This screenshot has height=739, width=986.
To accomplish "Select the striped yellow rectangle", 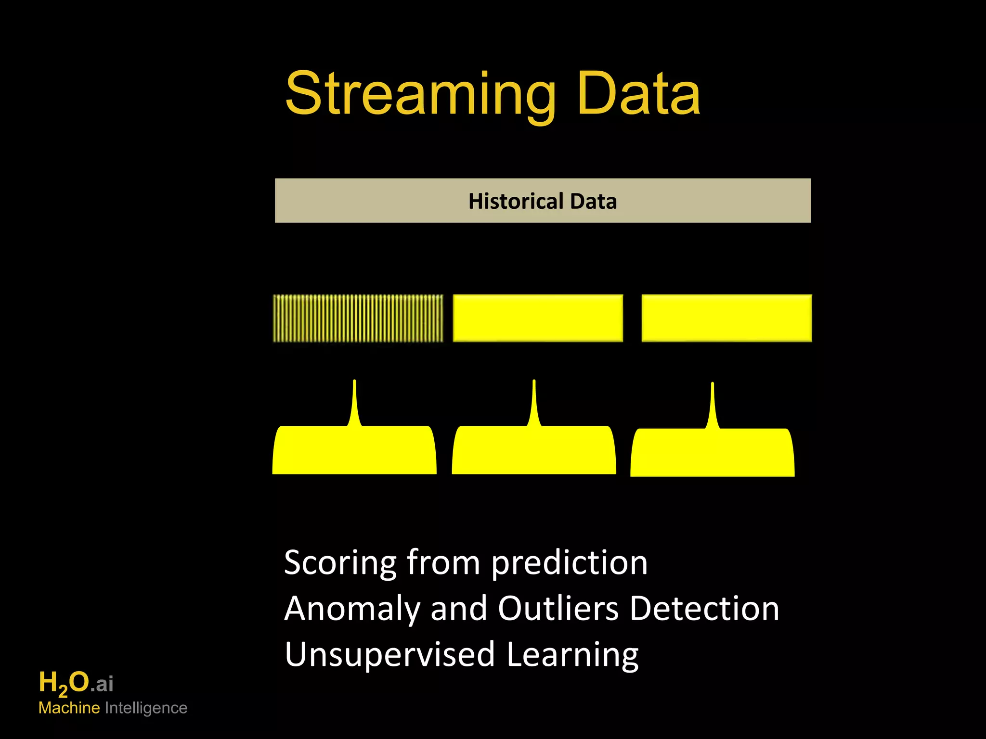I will [x=358, y=318].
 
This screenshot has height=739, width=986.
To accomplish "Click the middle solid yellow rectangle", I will [x=538, y=318].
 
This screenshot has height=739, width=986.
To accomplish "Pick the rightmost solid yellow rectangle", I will [x=727, y=318].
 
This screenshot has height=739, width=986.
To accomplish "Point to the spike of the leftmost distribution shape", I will [x=354, y=402].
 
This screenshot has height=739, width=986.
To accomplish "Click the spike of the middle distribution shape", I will [x=534, y=402].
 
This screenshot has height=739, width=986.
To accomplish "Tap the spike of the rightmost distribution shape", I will [x=713, y=404].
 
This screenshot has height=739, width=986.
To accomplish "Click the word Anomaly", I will [x=352, y=609].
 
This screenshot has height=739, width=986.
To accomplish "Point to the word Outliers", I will [x=558, y=608].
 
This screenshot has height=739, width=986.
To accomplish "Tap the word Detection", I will [x=704, y=608].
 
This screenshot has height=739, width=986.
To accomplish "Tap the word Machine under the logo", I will [x=69, y=708].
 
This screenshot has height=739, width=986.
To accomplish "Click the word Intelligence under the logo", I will [x=146, y=708].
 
